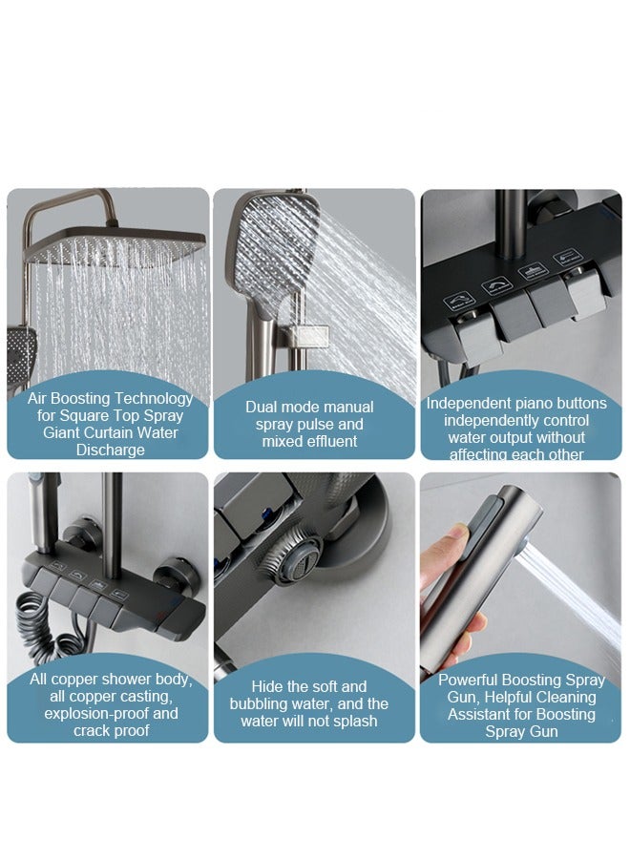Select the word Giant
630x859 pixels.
coord(62,433)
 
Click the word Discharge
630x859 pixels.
coord(110,450)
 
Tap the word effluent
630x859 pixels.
coord(327,442)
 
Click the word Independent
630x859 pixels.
coord(468,404)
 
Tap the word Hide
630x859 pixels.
coord(268,687)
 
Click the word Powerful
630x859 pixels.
coord(472,681)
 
